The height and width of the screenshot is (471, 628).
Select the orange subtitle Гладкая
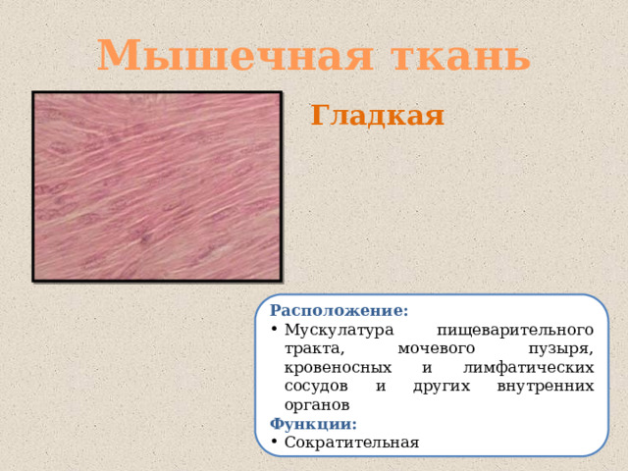pos(377,116)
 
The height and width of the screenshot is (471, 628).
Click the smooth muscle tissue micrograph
pos(157,185)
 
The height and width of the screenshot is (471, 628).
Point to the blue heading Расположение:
pos(340,311)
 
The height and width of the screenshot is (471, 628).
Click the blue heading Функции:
pos(314,424)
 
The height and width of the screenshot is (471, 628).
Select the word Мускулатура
pos(339,330)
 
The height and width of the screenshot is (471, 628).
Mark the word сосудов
pos(316,386)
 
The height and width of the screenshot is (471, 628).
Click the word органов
pos(316,404)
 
